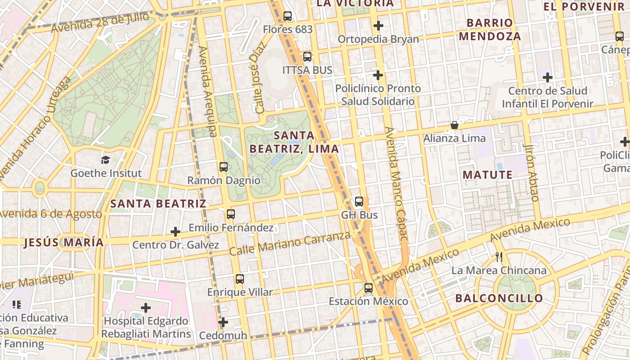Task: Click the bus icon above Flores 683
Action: pos(288,16)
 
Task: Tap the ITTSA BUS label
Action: pos(307,70)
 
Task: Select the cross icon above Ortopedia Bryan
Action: pos(378,26)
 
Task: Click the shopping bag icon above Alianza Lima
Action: pos(454,125)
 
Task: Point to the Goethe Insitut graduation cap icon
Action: pos(105,160)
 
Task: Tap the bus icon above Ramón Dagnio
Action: pos(224,167)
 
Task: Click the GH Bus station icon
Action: pos(359,201)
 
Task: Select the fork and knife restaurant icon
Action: pos(499,257)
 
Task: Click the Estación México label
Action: pos(369,301)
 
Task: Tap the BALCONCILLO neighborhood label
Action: pos(499,298)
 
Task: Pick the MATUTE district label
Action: pos(487,175)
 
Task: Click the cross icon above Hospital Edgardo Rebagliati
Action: pos(145,308)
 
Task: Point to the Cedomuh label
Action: pos(223,335)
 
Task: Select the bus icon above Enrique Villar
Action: pos(240,279)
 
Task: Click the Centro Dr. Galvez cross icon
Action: pos(175,232)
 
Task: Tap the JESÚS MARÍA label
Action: pos(63,243)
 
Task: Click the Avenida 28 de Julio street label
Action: pos(99,22)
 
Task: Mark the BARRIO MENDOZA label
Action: pos(490,29)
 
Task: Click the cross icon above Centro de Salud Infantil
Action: pos(547,77)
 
